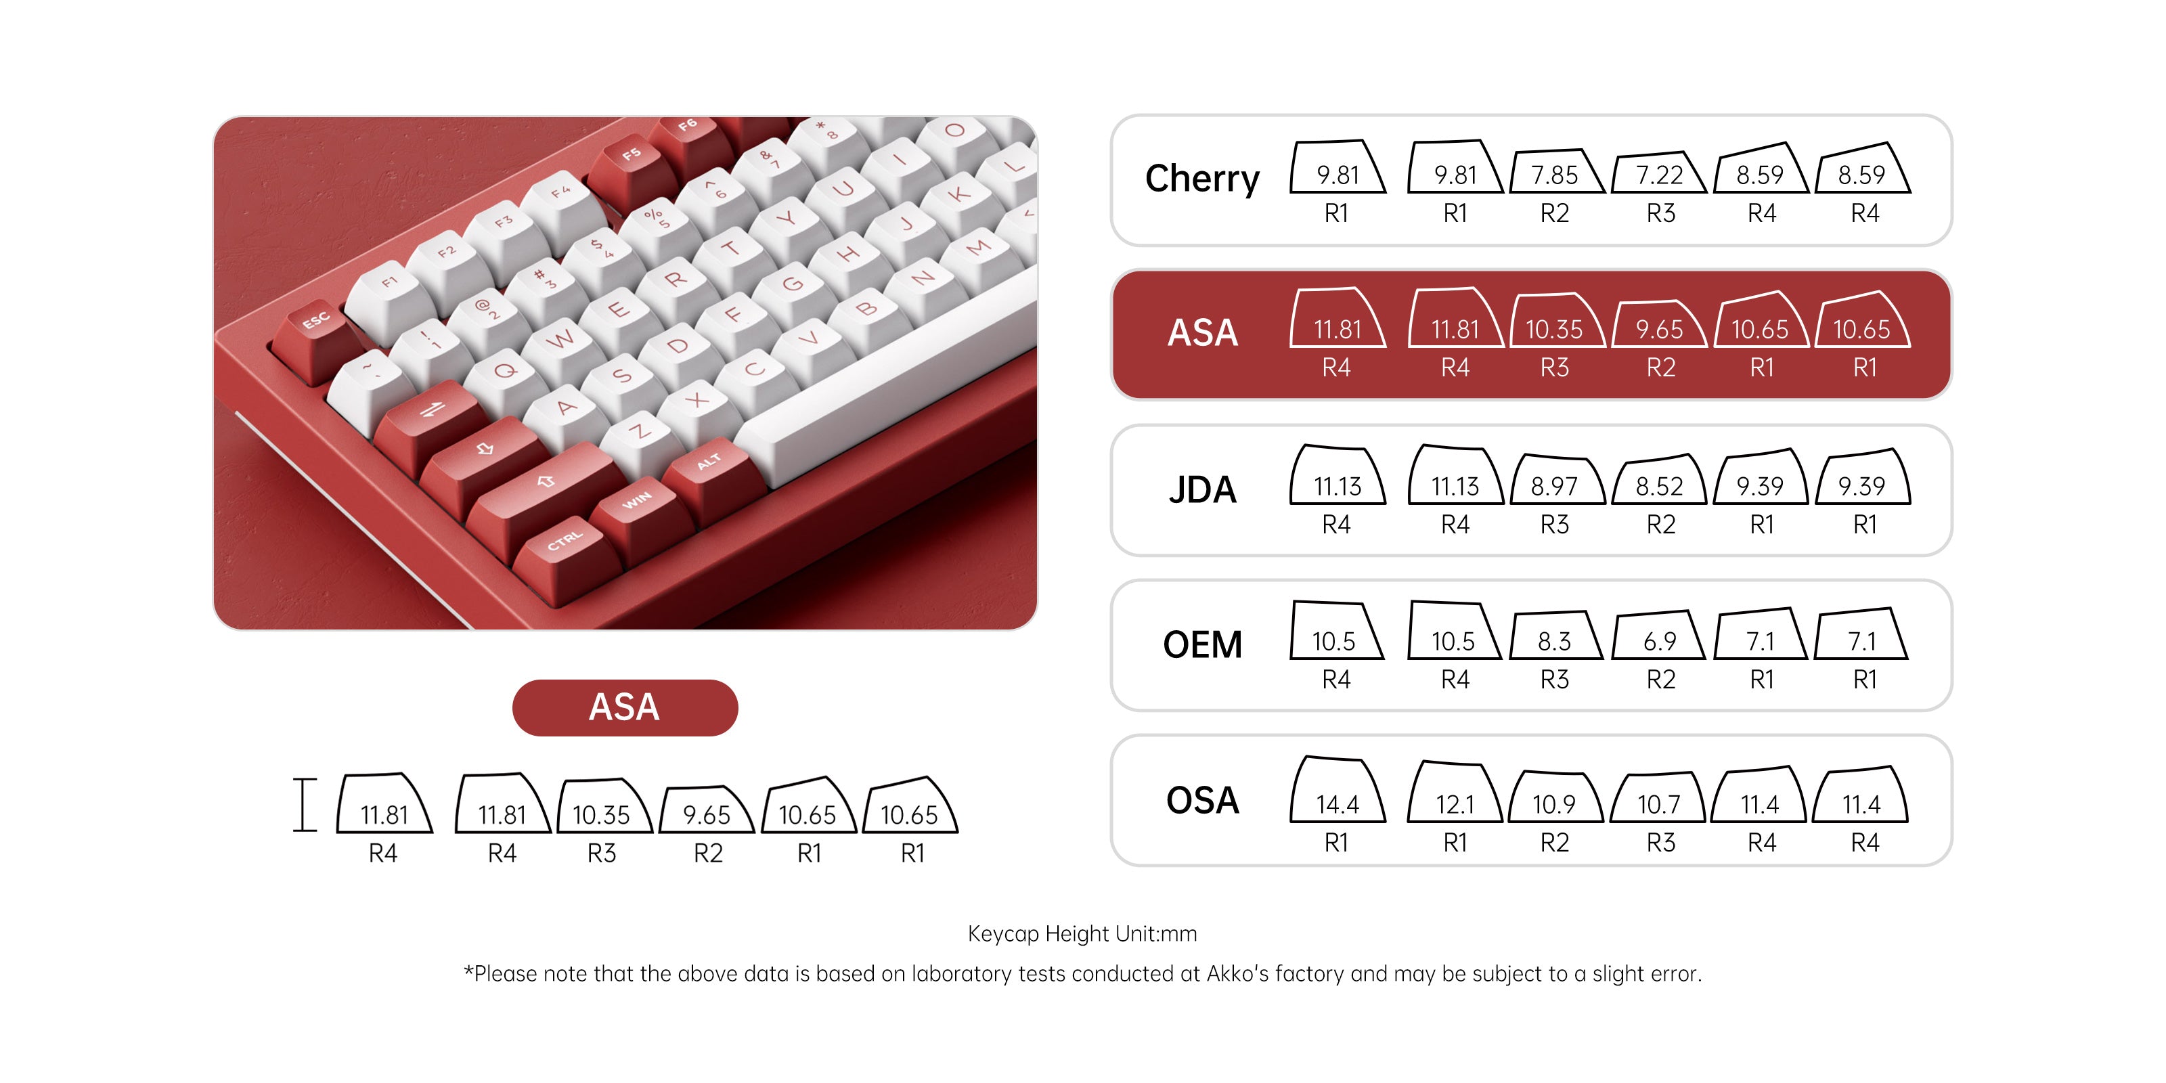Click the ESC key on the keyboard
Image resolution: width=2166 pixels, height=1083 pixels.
[316, 323]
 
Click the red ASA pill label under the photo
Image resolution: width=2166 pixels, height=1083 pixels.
[625, 707]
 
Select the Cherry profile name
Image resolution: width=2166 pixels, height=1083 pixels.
[1201, 178]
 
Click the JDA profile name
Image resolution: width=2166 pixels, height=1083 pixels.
[1201, 489]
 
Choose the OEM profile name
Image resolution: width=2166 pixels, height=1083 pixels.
[1201, 645]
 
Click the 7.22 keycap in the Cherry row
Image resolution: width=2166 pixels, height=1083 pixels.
[1659, 174]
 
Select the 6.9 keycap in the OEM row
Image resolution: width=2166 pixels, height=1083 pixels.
[1659, 640]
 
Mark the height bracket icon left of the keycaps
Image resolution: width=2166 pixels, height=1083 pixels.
[305, 805]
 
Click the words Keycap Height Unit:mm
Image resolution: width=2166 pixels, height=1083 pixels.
[1082, 933]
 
